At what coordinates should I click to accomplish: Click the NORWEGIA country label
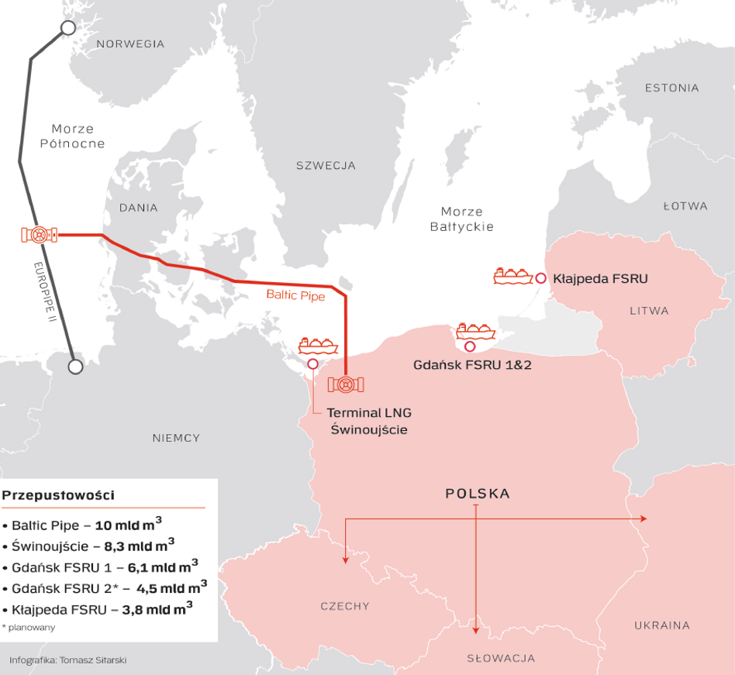click(x=130, y=44)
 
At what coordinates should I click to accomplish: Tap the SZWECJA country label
click(x=326, y=165)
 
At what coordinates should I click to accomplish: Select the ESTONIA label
click(x=671, y=88)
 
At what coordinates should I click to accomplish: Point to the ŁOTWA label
click(x=685, y=206)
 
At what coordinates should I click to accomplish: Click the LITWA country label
click(x=649, y=311)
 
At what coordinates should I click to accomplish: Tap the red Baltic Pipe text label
click(x=295, y=294)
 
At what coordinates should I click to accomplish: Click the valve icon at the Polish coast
click(x=346, y=384)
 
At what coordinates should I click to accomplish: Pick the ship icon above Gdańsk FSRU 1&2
click(x=475, y=331)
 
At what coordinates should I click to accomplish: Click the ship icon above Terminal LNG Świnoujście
click(x=319, y=345)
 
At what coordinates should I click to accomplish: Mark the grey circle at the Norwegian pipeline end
click(x=67, y=29)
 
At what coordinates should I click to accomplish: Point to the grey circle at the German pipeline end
click(x=74, y=367)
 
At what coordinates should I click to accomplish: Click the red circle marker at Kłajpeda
click(x=540, y=277)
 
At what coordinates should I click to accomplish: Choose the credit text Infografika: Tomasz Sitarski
click(x=67, y=660)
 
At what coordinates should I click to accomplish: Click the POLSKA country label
click(x=477, y=493)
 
